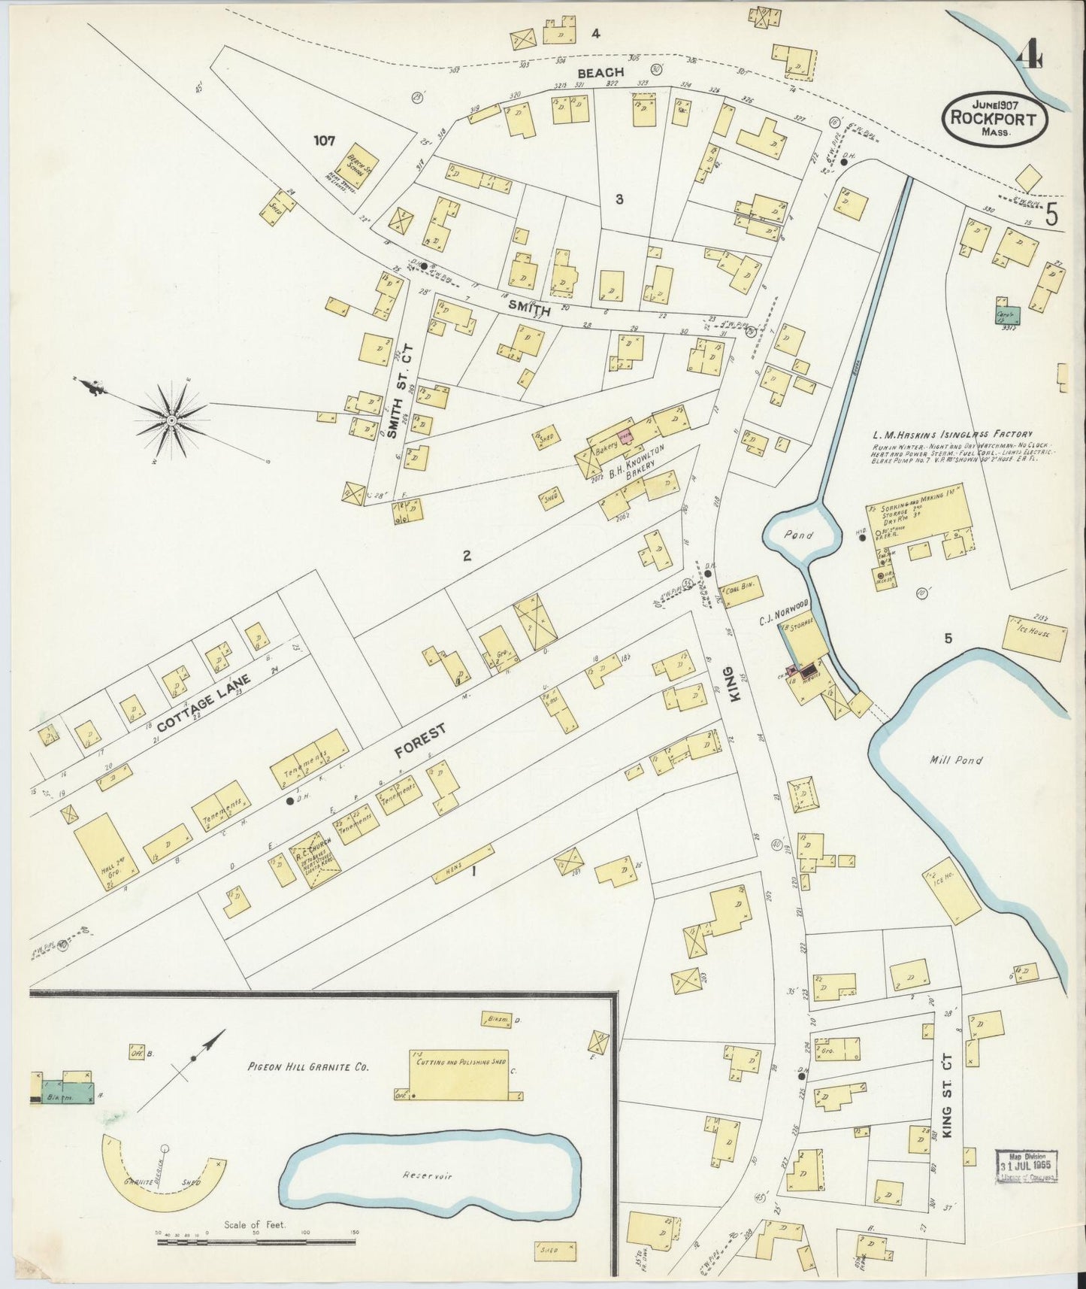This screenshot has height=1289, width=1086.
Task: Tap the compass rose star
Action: [172, 418]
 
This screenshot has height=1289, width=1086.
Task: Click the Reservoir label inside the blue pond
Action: [427, 1175]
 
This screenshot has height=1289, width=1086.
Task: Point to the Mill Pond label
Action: [956, 760]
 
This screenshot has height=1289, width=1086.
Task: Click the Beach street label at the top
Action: [600, 72]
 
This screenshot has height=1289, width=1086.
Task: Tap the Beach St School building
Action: [359, 171]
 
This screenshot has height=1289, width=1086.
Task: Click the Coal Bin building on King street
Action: [741, 587]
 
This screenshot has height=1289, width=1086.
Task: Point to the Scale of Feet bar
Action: [256, 1242]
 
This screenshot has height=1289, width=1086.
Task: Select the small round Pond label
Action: [802, 533]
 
